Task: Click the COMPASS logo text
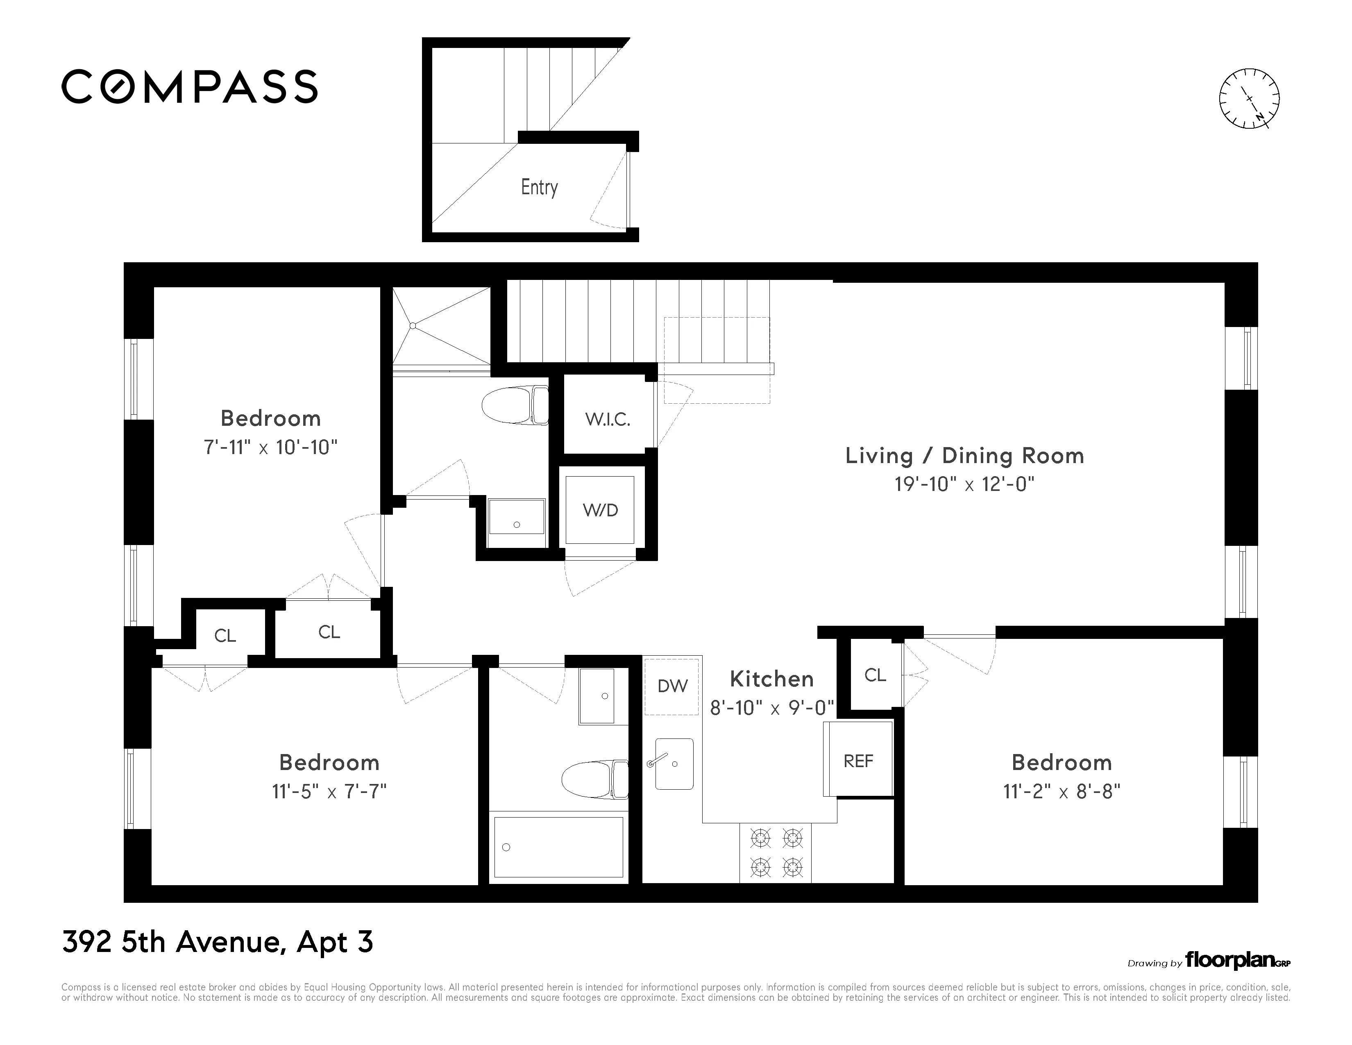[189, 86]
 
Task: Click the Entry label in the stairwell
[539, 187]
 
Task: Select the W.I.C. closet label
[607, 420]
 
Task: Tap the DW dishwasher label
[672, 686]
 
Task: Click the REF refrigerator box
[858, 761]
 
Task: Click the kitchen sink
[674, 764]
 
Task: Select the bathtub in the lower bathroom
[558, 847]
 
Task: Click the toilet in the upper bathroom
[515, 405]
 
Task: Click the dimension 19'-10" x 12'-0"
[964, 484]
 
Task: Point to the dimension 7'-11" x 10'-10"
[270, 447]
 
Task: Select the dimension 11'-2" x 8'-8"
[1061, 792]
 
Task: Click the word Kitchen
[771, 679]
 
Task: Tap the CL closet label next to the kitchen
[875, 675]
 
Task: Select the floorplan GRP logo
[1237, 961]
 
